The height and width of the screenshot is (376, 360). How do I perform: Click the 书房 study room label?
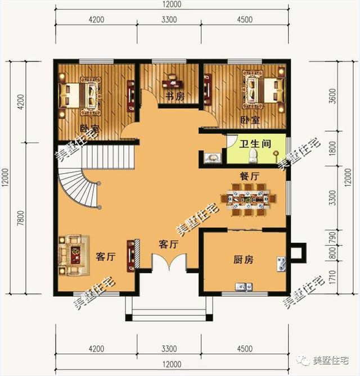pyautogui.click(x=174, y=96)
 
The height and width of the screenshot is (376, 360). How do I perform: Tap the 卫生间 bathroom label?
pyautogui.click(x=255, y=144)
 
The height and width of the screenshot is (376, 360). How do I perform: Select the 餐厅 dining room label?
pyautogui.click(x=249, y=176)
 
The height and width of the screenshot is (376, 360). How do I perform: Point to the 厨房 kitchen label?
pyautogui.click(x=243, y=260)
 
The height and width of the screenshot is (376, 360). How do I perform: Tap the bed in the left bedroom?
pyautogui.click(x=79, y=95)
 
